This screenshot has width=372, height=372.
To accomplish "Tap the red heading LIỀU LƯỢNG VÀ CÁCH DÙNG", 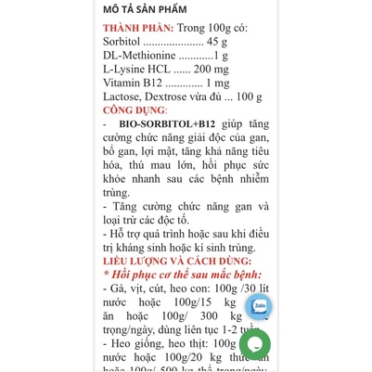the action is pos(181,262).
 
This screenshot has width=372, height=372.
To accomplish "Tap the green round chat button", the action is pos(254,344).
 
